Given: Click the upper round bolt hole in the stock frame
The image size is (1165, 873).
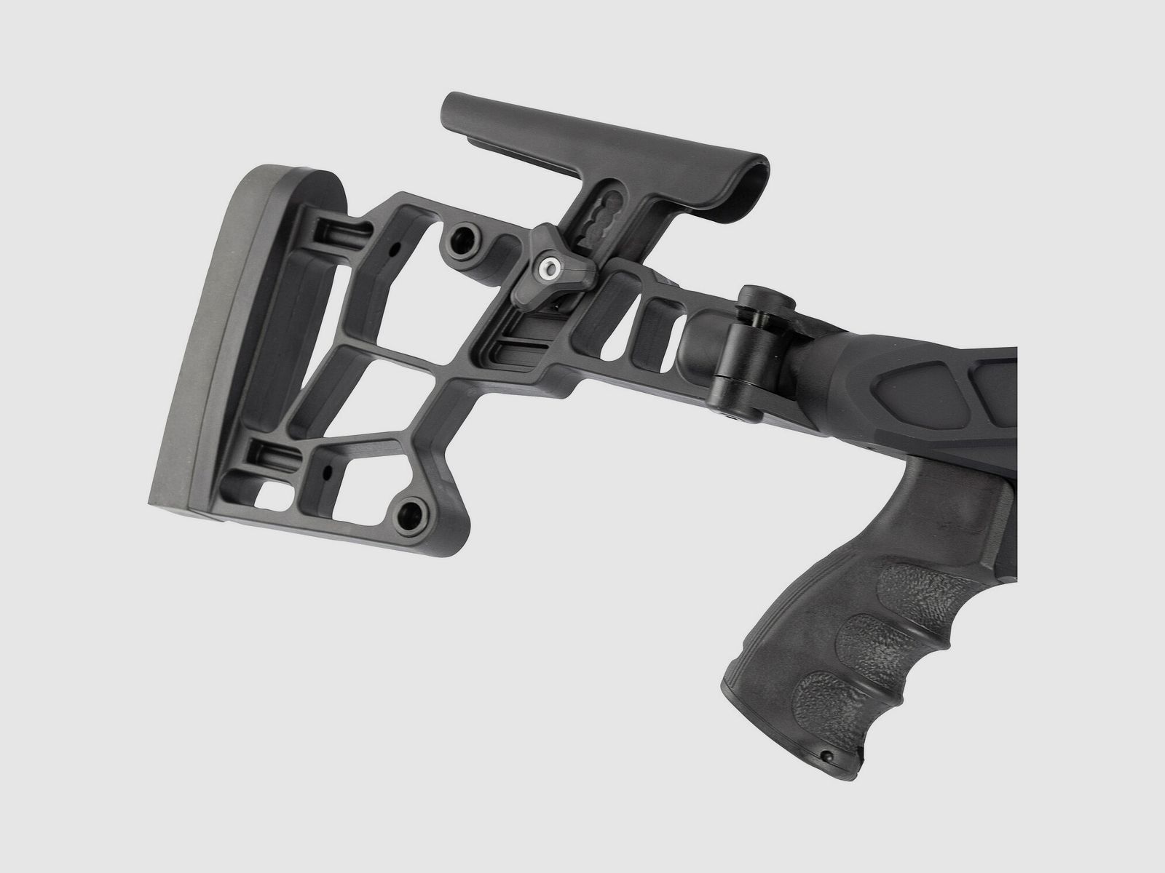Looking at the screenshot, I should (x=460, y=246).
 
